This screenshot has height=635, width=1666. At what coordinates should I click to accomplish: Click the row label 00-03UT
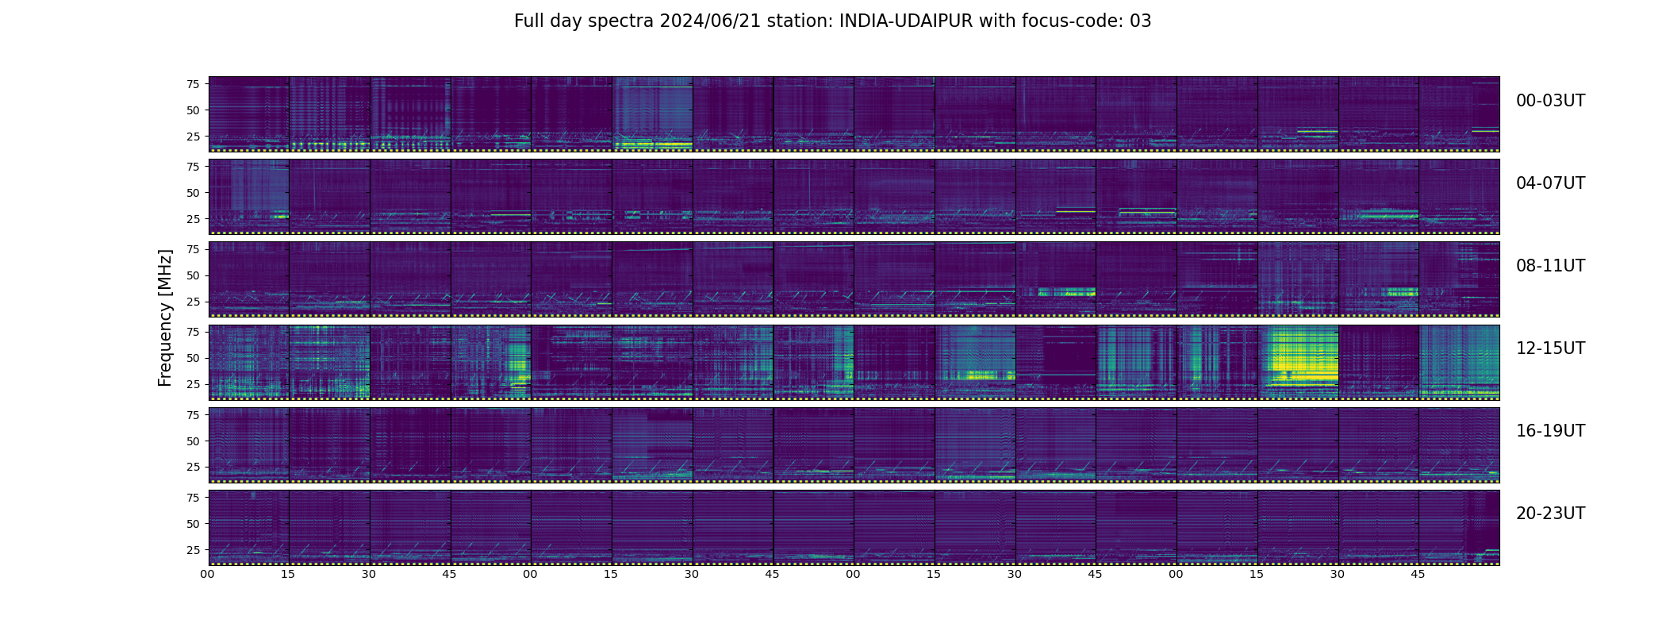click(x=1550, y=101)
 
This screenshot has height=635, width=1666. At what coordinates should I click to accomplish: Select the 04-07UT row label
click(x=1550, y=183)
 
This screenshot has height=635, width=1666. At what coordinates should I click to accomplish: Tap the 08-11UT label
click(x=1550, y=266)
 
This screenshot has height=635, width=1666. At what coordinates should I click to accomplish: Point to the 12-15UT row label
click(x=1550, y=348)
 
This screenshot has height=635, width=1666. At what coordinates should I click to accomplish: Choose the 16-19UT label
click(x=1550, y=431)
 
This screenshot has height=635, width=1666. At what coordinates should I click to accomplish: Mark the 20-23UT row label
click(x=1550, y=514)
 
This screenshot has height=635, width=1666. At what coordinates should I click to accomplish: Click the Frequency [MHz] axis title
click(x=165, y=317)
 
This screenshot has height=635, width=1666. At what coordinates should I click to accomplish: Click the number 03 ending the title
click(x=1140, y=21)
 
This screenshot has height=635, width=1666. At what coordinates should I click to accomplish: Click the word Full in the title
click(x=528, y=21)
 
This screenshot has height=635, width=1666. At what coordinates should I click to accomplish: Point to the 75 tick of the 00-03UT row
click(x=192, y=83)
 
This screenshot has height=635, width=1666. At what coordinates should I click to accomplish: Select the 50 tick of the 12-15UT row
click(x=192, y=358)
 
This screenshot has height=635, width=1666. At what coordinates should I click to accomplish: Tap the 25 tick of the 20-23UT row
click(x=192, y=549)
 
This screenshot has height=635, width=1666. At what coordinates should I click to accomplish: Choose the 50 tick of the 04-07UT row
click(x=192, y=193)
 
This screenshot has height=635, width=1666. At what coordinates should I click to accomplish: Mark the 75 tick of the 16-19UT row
click(x=192, y=414)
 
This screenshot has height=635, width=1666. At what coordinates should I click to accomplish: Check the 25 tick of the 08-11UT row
click(x=192, y=302)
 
